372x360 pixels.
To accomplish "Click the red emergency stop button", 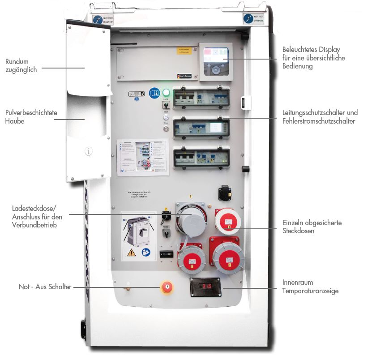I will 167,287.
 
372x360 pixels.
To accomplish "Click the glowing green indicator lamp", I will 166,93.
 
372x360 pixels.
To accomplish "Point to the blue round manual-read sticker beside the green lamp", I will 154,93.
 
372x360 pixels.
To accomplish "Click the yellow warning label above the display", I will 184,51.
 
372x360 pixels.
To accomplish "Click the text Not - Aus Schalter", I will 45,287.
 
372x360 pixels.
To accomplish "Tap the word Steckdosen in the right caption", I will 298,231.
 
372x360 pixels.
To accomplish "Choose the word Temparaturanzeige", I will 310,291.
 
